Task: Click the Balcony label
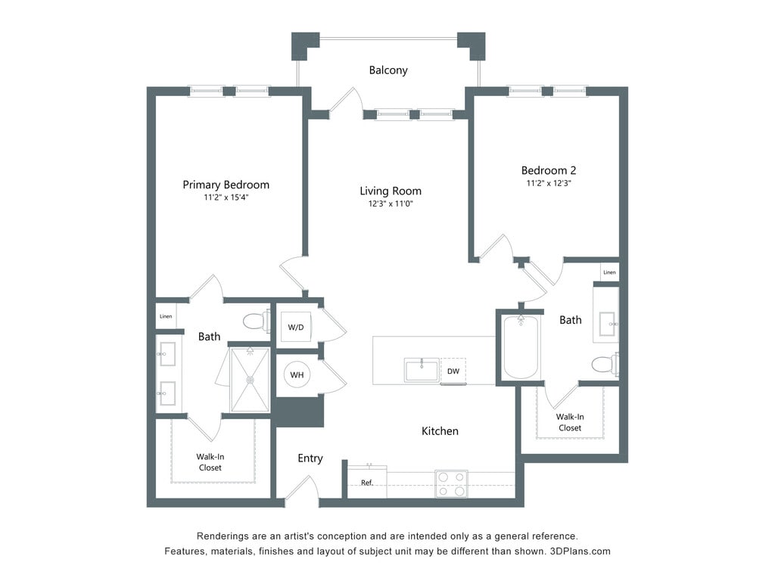pyautogui.click(x=388, y=70)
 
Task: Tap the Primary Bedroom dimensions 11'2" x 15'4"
pyautogui.click(x=226, y=197)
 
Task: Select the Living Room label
pyautogui.click(x=391, y=191)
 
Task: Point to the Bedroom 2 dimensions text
pyautogui.click(x=549, y=183)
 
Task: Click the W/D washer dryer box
pyautogui.click(x=296, y=327)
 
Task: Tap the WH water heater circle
pyautogui.click(x=297, y=375)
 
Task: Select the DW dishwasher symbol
pyautogui.click(x=453, y=371)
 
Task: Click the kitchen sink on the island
pyautogui.click(x=422, y=370)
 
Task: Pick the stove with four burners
pyautogui.click(x=451, y=483)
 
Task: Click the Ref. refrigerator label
pyautogui.click(x=367, y=483)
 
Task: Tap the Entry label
pyautogui.click(x=310, y=458)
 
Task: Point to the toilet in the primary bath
pyautogui.click(x=257, y=321)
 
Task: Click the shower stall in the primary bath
pyautogui.click(x=250, y=380)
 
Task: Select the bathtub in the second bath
pyautogui.click(x=521, y=346)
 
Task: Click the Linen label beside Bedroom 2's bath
pyautogui.click(x=609, y=272)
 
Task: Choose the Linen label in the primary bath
pyautogui.click(x=166, y=316)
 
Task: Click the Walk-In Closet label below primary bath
pyautogui.click(x=210, y=462)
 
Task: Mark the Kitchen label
pyautogui.click(x=440, y=431)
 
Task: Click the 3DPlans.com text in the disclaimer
pyautogui.click(x=580, y=551)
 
